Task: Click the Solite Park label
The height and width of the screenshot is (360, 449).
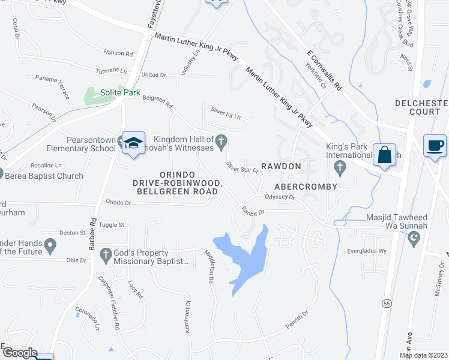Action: point(119,92)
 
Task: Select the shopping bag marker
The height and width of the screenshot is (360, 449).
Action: point(384,154)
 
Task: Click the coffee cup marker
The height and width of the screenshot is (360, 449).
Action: point(435,145)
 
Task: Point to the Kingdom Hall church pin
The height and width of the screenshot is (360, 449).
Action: point(221,142)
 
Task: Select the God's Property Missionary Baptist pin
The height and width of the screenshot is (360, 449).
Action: point(106,254)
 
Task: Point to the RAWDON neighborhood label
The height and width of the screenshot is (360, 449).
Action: point(281,166)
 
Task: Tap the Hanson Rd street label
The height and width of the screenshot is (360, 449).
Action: point(117,53)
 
